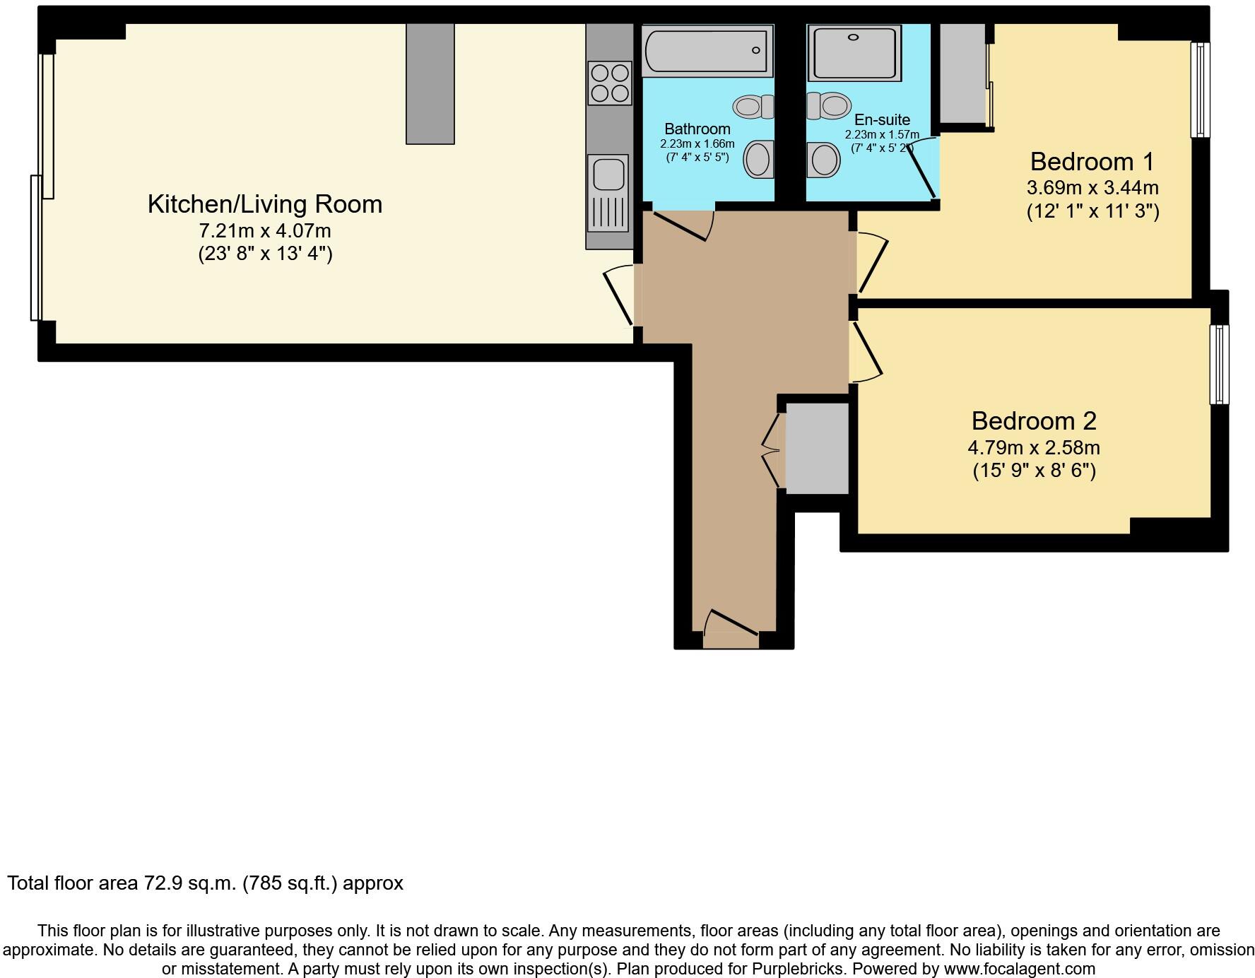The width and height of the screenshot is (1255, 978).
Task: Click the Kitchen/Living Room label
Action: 265,204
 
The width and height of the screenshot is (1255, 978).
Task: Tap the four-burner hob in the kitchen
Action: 609,83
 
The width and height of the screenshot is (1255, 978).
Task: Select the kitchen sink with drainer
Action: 608,192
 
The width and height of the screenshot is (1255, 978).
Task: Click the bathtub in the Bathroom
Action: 707,50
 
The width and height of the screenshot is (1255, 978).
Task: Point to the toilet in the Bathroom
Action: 753,107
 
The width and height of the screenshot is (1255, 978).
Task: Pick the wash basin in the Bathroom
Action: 758,159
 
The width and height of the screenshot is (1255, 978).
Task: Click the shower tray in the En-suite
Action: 854,53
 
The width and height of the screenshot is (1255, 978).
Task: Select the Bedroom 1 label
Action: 1092,162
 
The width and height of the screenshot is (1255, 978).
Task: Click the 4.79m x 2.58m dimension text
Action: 1033,448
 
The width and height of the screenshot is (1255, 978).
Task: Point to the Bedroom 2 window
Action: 1219,364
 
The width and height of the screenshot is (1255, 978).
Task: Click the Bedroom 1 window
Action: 1200,89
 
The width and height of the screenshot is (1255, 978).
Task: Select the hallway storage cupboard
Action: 817,448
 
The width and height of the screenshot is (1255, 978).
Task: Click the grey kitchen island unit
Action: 430,83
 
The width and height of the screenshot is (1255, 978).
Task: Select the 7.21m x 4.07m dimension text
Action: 265,231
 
